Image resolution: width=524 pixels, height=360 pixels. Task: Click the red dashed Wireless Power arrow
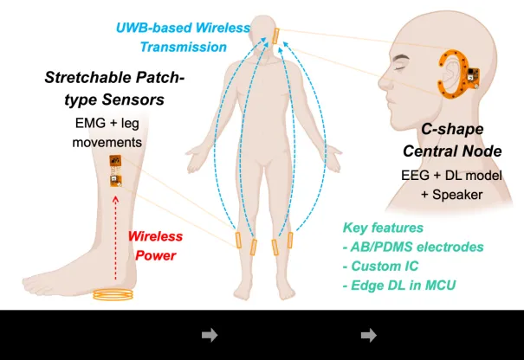(x=116, y=238)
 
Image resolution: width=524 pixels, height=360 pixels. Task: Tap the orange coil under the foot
(x=113, y=295)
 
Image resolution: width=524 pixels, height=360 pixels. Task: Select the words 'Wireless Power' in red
(x=155, y=246)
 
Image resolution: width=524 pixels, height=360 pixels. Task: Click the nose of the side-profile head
(x=384, y=82)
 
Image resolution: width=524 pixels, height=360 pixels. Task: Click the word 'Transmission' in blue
(x=184, y=47)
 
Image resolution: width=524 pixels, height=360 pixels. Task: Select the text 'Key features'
(x=383, y=228)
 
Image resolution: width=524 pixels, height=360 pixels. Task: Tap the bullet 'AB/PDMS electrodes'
(x=413, y=247)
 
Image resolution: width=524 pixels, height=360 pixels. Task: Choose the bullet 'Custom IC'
(x=380, y=267)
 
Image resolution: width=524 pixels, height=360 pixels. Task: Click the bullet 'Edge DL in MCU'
(x=399, y=286)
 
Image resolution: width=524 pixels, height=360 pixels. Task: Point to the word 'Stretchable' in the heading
(x=87, y=78)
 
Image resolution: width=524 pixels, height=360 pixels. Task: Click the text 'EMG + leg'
(x=107, y=123)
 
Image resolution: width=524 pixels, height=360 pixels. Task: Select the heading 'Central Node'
(x=452, y=151)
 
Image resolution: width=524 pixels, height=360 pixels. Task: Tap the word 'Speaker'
(x=457, y=195)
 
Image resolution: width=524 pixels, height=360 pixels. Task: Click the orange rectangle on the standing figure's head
(x=275, y=36)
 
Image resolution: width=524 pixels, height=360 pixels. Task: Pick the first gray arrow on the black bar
(x=210, y=335)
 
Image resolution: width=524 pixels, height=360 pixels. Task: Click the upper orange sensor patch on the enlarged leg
(x=115, y=161)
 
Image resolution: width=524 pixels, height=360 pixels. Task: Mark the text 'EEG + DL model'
(x=451, y=176)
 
